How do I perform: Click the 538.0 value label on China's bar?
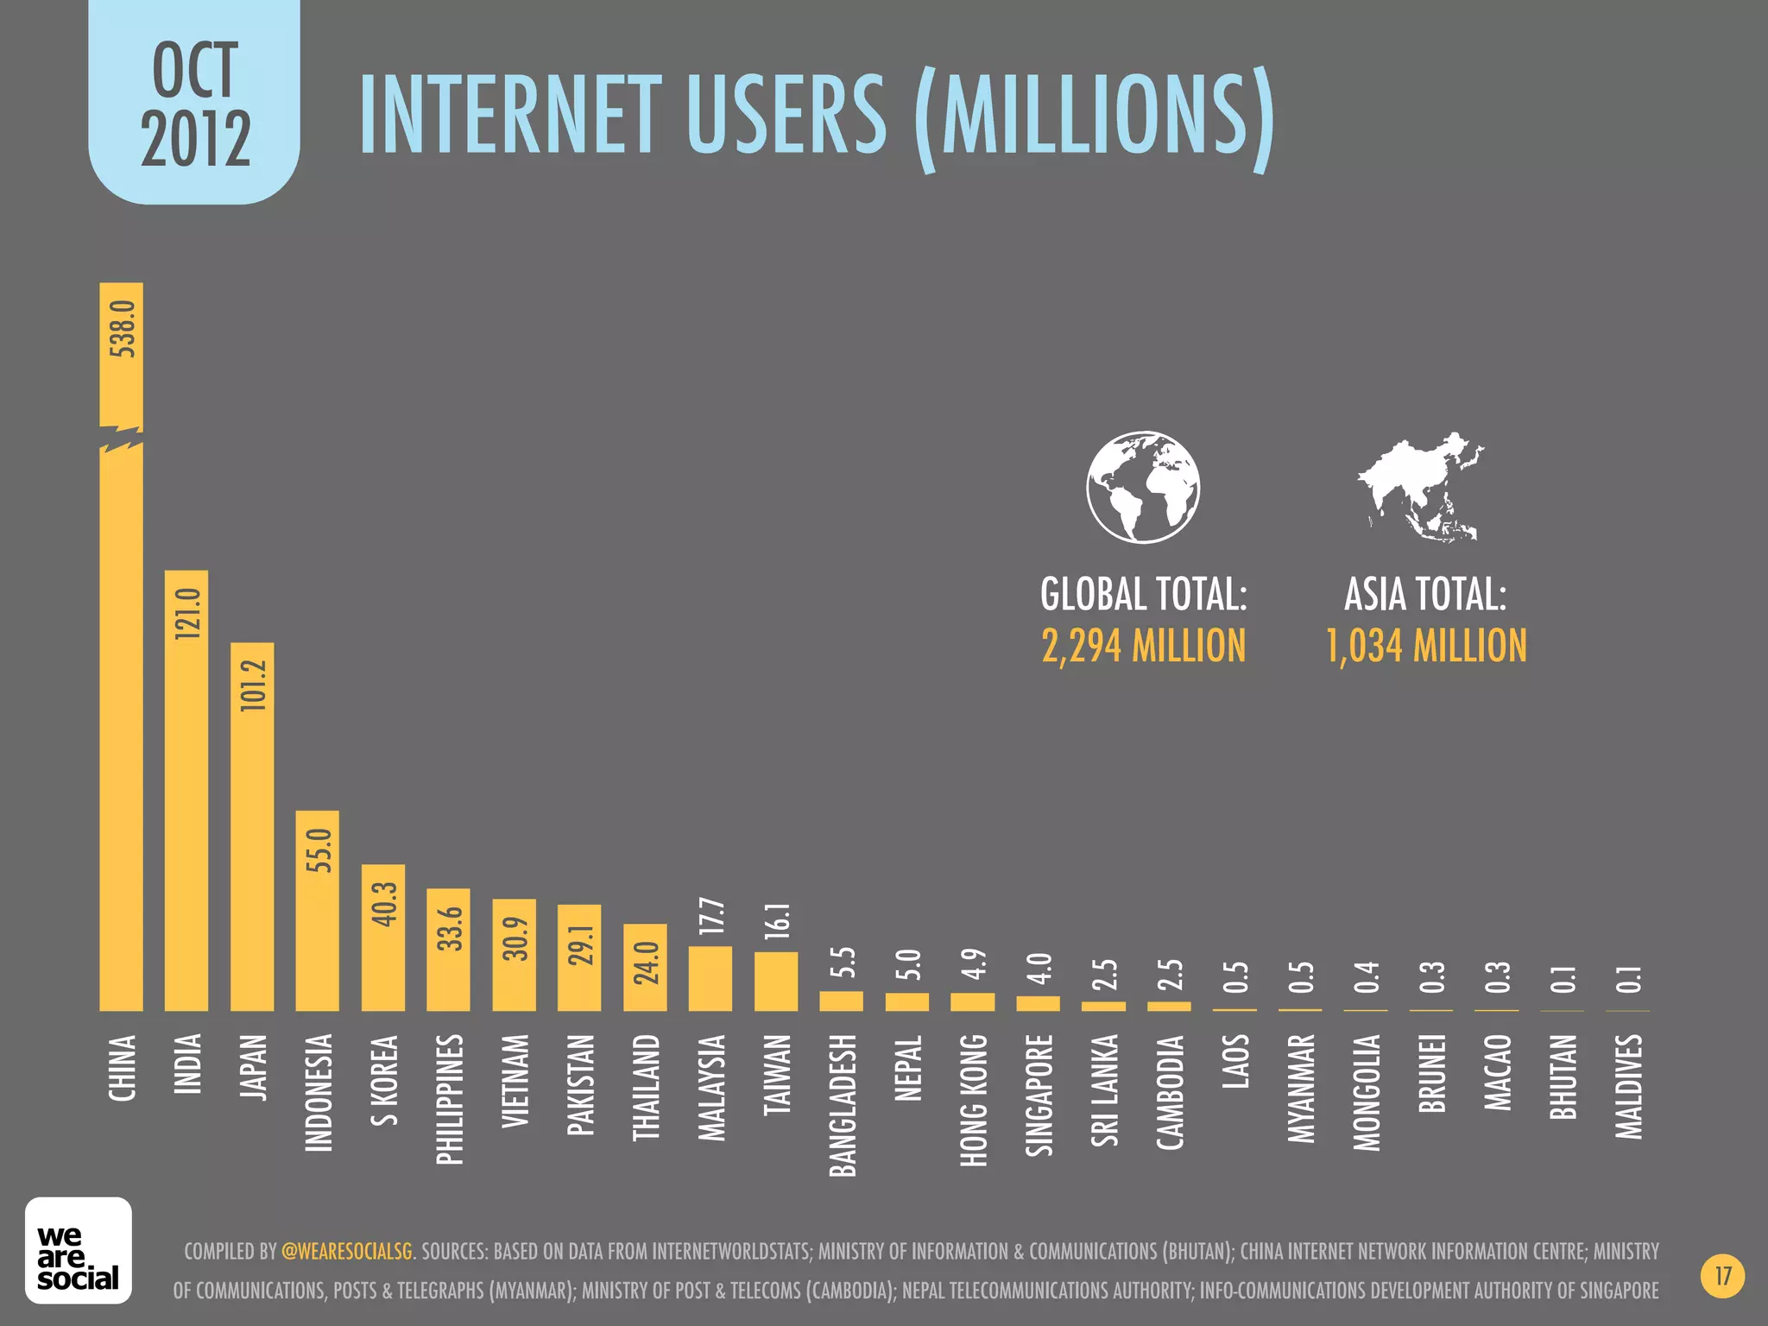click(123, 329)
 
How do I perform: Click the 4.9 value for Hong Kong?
click(974, 964)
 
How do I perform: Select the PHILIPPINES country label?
click(449, 1099)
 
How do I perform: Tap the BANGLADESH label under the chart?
click(843, 1105)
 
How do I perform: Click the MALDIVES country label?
click(1629, 1086)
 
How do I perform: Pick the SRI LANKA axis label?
click(1105, 1089)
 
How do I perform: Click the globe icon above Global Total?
click(1143, 487)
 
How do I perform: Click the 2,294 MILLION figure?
click(1143, 646)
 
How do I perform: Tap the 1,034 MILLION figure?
click(1426, 646)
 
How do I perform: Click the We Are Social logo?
click(79, 1249)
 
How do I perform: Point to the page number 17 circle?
click(1723, 1276)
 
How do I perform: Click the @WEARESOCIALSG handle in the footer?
click(347, 1251)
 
